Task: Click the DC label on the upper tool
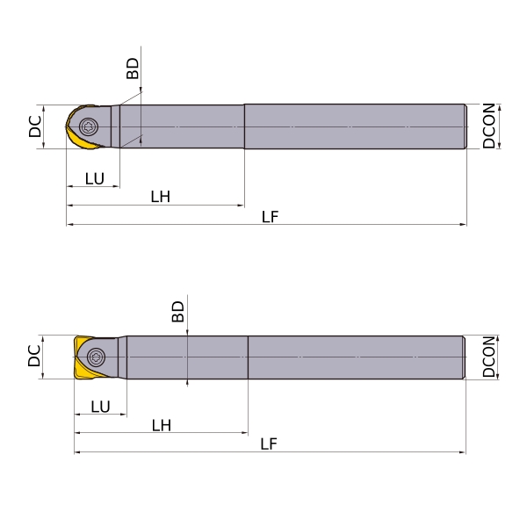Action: click(35, 126)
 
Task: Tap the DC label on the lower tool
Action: click(34, 356)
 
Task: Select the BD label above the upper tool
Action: click(133, 69)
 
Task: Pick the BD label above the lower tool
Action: click(177, 312)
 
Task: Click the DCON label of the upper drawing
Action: click(489, 126)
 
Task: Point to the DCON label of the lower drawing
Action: click(489, 357)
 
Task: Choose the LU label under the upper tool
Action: click(95, 178)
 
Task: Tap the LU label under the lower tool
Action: click(100, 407)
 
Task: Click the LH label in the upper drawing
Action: click(161, 197)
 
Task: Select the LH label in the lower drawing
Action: click(162, 425)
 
